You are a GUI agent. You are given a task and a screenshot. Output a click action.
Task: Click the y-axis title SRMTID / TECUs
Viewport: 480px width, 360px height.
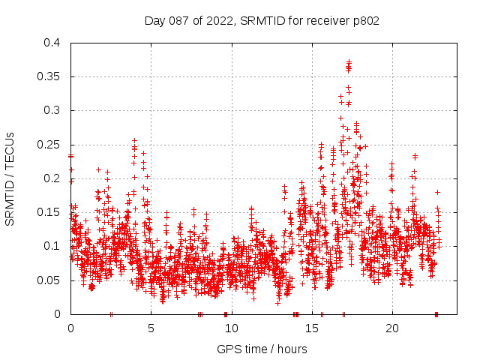pos(10,178)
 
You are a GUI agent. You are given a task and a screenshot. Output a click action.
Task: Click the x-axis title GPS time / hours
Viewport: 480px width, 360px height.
pos(262,349)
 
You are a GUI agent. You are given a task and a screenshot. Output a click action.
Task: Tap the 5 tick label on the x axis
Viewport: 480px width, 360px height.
pos(151,328)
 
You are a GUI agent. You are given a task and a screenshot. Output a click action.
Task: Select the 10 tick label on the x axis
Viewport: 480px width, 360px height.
pos(231,328)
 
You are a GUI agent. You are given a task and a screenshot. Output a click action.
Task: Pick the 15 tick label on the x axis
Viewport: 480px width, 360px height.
pos(311,328)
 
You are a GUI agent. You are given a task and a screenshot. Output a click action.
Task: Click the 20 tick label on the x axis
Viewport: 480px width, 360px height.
pos(391,328)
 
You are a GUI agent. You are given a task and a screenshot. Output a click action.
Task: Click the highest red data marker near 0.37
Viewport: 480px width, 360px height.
pos(349,61)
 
